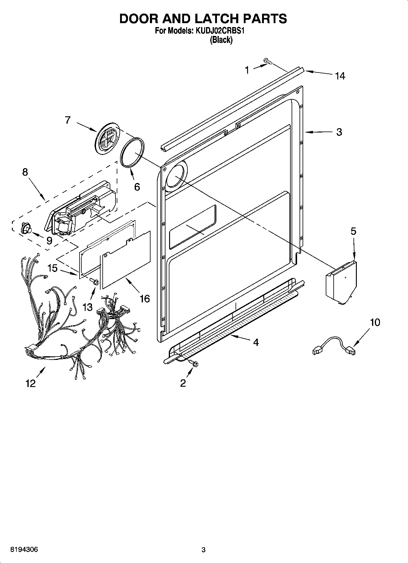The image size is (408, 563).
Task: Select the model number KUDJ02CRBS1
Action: (x=220, y=31)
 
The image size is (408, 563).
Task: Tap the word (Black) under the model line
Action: (x=221, y=40)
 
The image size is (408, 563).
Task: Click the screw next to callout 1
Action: (x=268, y=62)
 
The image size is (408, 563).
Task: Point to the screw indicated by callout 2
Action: (x=194, y=363)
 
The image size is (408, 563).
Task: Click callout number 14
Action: (x=340, y=76)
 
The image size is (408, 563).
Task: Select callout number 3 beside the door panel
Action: (x=339, y=132)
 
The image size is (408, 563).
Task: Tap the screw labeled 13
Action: (x=94, y=282)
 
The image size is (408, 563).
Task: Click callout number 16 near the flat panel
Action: (x=144, y=299)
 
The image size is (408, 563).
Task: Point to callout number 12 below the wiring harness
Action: (x=30, y=383)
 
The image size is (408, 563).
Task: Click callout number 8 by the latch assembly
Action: (x=25, y=172)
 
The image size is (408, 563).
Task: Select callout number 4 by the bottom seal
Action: (x=256, y=343)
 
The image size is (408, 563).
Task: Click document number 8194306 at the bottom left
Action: (x=24, y=550)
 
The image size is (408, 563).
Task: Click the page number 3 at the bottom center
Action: (x=204, y=550)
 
